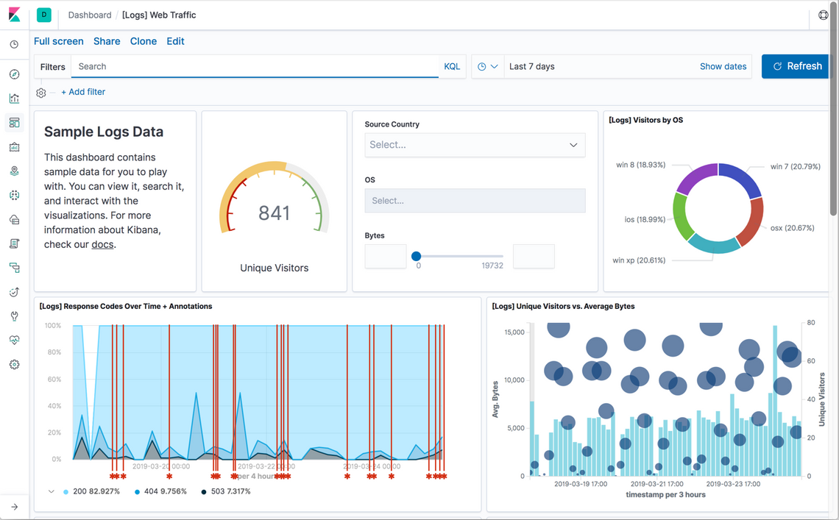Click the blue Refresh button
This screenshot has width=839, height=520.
796,66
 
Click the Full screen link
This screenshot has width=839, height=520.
59,41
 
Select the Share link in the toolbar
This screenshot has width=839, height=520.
107,41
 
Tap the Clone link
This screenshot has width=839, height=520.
144,41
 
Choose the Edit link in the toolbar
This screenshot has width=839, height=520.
175,41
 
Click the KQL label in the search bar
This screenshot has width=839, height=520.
452,66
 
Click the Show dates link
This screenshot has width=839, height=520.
723,66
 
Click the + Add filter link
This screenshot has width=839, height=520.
83,92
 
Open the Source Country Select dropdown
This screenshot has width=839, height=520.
475,145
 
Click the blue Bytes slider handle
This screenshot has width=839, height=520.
417,256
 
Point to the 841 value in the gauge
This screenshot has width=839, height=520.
275,213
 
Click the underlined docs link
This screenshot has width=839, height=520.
102,244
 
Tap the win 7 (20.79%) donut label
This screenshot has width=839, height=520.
795,166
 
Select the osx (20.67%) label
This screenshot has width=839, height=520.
792,228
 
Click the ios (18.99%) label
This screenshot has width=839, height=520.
645,219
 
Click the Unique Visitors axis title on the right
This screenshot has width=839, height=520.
822,399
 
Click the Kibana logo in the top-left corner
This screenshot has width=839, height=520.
14,15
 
